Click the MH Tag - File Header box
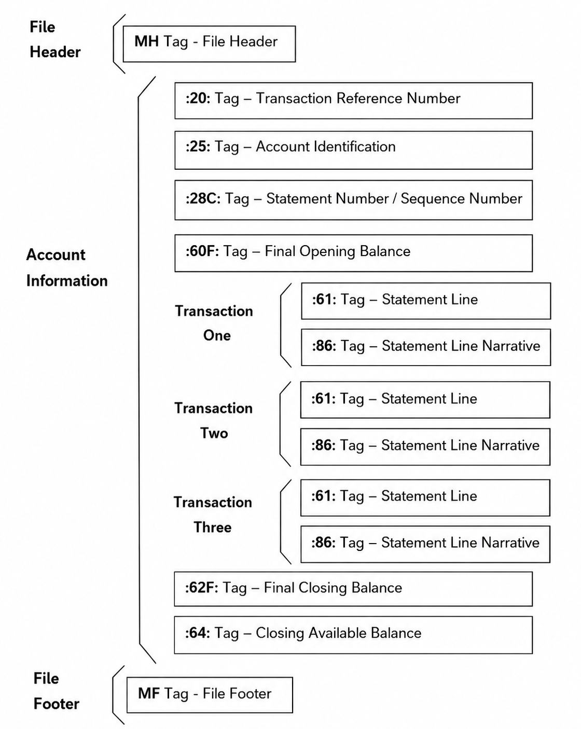pyautogui.click(x=209, y=44)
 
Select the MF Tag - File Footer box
pyautogui.click(x=210, y=695)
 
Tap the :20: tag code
pyautogui.click(x=198, y=99)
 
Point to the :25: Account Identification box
pyautogui.click(x=353, y=150)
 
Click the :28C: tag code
pyautogui.click(x=203, y=198)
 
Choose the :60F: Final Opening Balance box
pyautogui.click(x=353, y=253)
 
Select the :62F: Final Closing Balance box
pyautogui.click(x=353, y=589)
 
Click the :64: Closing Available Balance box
pyautogui.click(x=353, y=635)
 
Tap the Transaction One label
pyautogui.click(x=214, y=323)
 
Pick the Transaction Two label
pyautogui.click(x=214, y=421)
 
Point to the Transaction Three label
pyautogui.click(x=213, y=515)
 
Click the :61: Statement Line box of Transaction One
pyautogui.click(x=426, y=301)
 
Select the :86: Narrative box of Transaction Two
pyautogui.click(x=425, y=447)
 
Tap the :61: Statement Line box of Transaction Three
pyautogui.click(x=425, y=497)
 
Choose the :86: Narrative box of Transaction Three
pyautogui.click(x=425, y=544)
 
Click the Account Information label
pyautogui.click(x=67, y=267)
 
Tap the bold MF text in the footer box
pyautogui.click(x=149, y=694)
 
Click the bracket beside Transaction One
pyautogui.click(x=281, y=325)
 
